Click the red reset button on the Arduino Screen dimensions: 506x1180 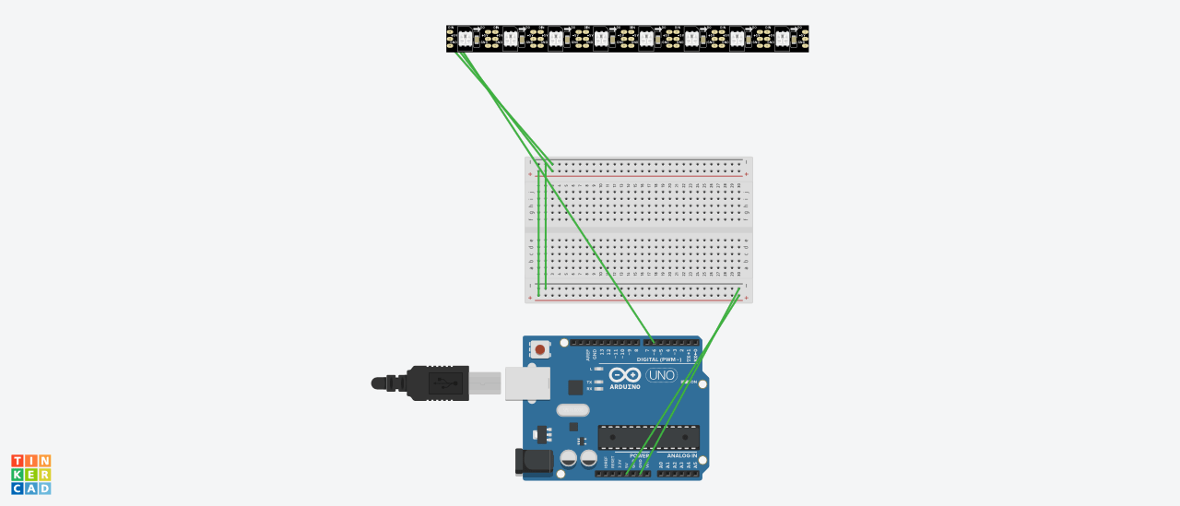[539, 350]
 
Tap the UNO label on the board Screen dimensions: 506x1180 [661, 375]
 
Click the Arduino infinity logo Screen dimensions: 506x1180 [624, 374]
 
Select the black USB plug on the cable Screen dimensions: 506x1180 [437, 382]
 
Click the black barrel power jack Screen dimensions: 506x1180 [533, 462]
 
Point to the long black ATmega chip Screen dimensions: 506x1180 [648, 437]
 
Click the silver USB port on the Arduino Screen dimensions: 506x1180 [527, 382]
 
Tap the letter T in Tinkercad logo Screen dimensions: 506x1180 [18, 461]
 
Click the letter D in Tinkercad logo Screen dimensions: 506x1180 [44, 488]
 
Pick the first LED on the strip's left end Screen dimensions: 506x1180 [465, 39]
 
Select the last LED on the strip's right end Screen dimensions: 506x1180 [782, 39]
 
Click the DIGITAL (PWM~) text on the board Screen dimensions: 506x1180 [658, 359]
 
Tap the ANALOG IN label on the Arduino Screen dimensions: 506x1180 [681, 455]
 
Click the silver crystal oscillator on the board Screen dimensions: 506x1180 [572, 410]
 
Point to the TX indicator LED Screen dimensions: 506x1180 [598, 382]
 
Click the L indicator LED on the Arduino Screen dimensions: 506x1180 [598, 369]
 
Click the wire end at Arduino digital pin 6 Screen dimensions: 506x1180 [654, 343]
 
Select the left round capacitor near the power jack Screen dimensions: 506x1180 [569, 457]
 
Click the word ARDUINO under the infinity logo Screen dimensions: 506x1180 [624, 387]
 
